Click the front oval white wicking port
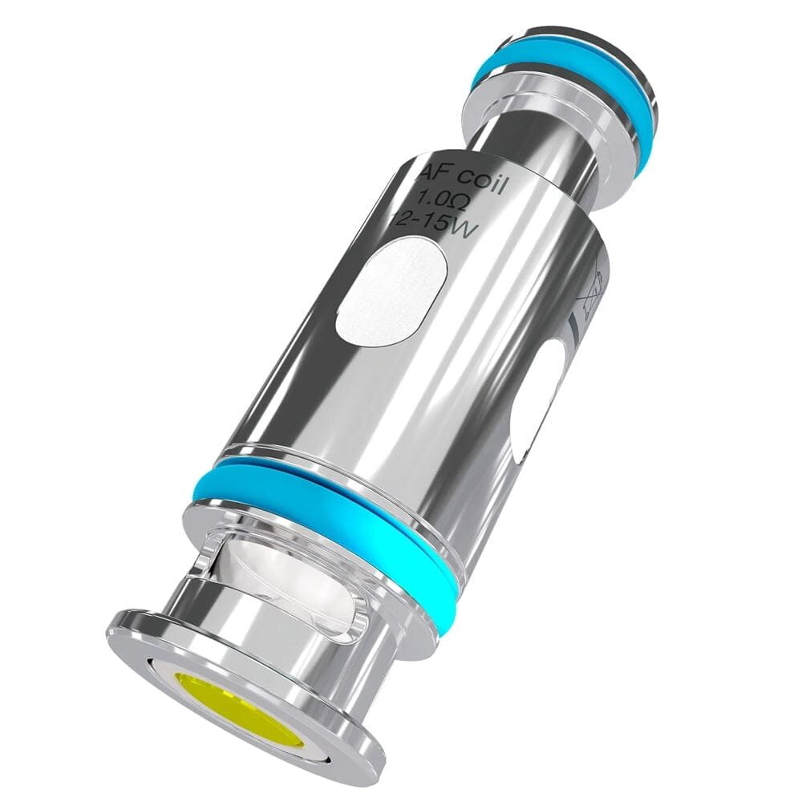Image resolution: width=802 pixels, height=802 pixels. point(390,294)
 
